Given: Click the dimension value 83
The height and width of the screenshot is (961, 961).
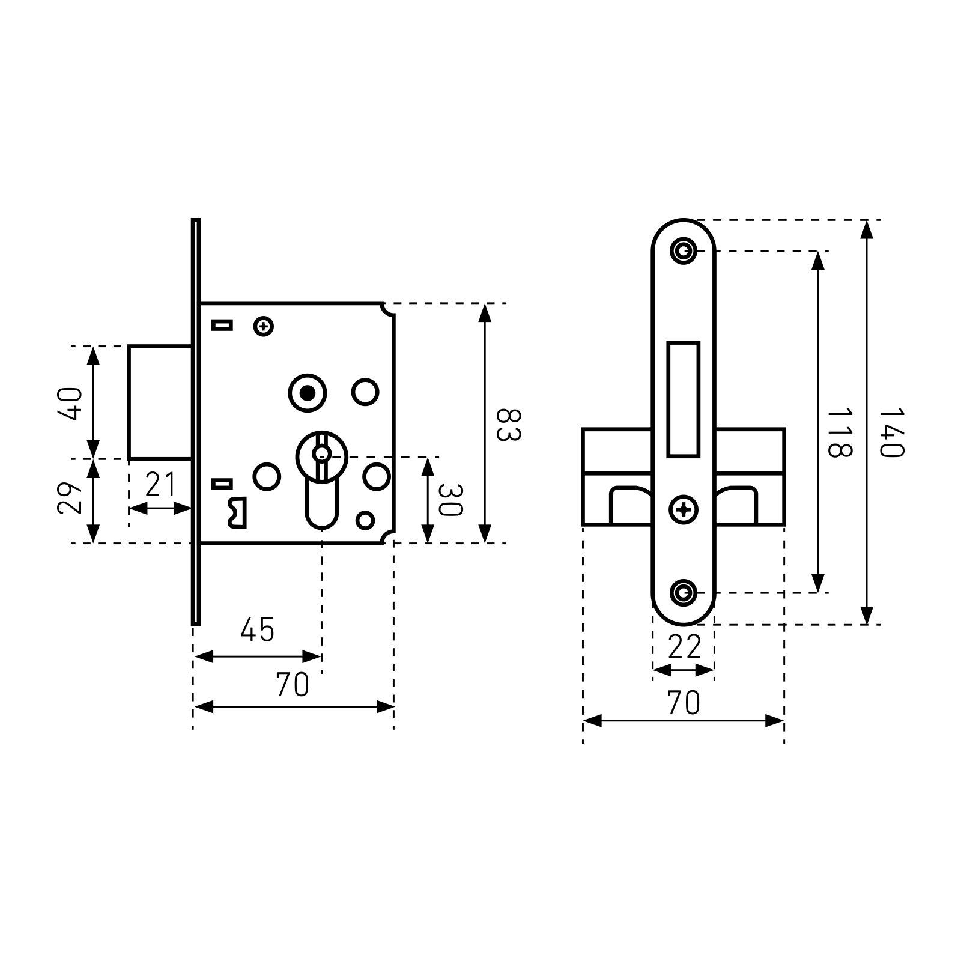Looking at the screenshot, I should tap(508, 425).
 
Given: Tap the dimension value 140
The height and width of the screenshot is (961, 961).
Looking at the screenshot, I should tap(891, 432).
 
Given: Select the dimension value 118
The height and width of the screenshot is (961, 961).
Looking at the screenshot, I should tap(839, 432).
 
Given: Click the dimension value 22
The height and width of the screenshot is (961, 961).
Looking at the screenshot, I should tap(684, 647).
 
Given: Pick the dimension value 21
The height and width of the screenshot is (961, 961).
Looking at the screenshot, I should tap(160, 485).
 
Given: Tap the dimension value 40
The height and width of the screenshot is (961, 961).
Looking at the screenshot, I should tap(70, 404).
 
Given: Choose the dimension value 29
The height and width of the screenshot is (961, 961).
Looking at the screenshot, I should tap(70, 498).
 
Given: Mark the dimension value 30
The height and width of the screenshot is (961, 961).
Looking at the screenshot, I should tap(450, 500).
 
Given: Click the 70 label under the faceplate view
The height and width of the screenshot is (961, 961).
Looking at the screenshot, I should tap(684, 703).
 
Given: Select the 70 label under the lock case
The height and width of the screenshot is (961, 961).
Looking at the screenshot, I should tap(293, 685).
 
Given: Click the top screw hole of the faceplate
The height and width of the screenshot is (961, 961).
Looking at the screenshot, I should tap(683, 250).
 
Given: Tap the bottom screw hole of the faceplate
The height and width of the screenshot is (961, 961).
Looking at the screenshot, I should tap(683, 593).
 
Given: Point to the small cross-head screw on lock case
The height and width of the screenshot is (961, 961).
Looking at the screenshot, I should tap(264, 327).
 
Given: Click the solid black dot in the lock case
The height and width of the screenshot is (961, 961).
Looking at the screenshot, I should tap(308, 393).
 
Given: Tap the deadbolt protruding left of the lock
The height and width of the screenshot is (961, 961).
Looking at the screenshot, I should tap(160, 402).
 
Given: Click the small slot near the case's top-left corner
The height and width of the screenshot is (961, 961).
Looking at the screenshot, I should tap(222, 326).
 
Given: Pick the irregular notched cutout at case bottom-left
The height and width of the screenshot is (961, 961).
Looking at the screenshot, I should tap(237, 513).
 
